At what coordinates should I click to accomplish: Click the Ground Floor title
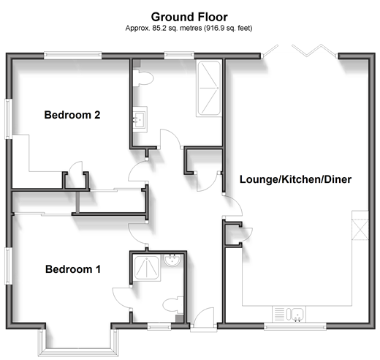[x=189, y=17]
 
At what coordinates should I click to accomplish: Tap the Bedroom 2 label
[x=72, y=115]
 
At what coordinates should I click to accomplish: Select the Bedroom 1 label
[x=73, y=269]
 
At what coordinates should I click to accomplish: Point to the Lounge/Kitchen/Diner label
[x=295, y=179]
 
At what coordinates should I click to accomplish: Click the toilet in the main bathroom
[x=142, y=78]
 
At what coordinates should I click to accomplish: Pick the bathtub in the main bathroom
[x=209, y=89]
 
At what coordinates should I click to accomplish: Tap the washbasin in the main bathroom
[x=140, y=119]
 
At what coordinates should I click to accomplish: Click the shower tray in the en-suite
[x=146, y=268]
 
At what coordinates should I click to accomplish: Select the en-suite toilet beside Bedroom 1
[x=173, y=305]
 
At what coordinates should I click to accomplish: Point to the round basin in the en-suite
[x=172, y=260]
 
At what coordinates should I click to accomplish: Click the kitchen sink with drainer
[x=289, y=314]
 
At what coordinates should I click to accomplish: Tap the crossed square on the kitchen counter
[x=360, y=230]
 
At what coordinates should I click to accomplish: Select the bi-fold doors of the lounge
[x=300, y=52]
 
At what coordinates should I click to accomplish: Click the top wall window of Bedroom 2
[x=72, y=56]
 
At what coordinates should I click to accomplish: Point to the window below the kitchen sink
[x=295, y=326]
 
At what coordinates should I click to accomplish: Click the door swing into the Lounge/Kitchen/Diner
[x=232, y=206]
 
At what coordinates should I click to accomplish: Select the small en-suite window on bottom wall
[x=159, y=326]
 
